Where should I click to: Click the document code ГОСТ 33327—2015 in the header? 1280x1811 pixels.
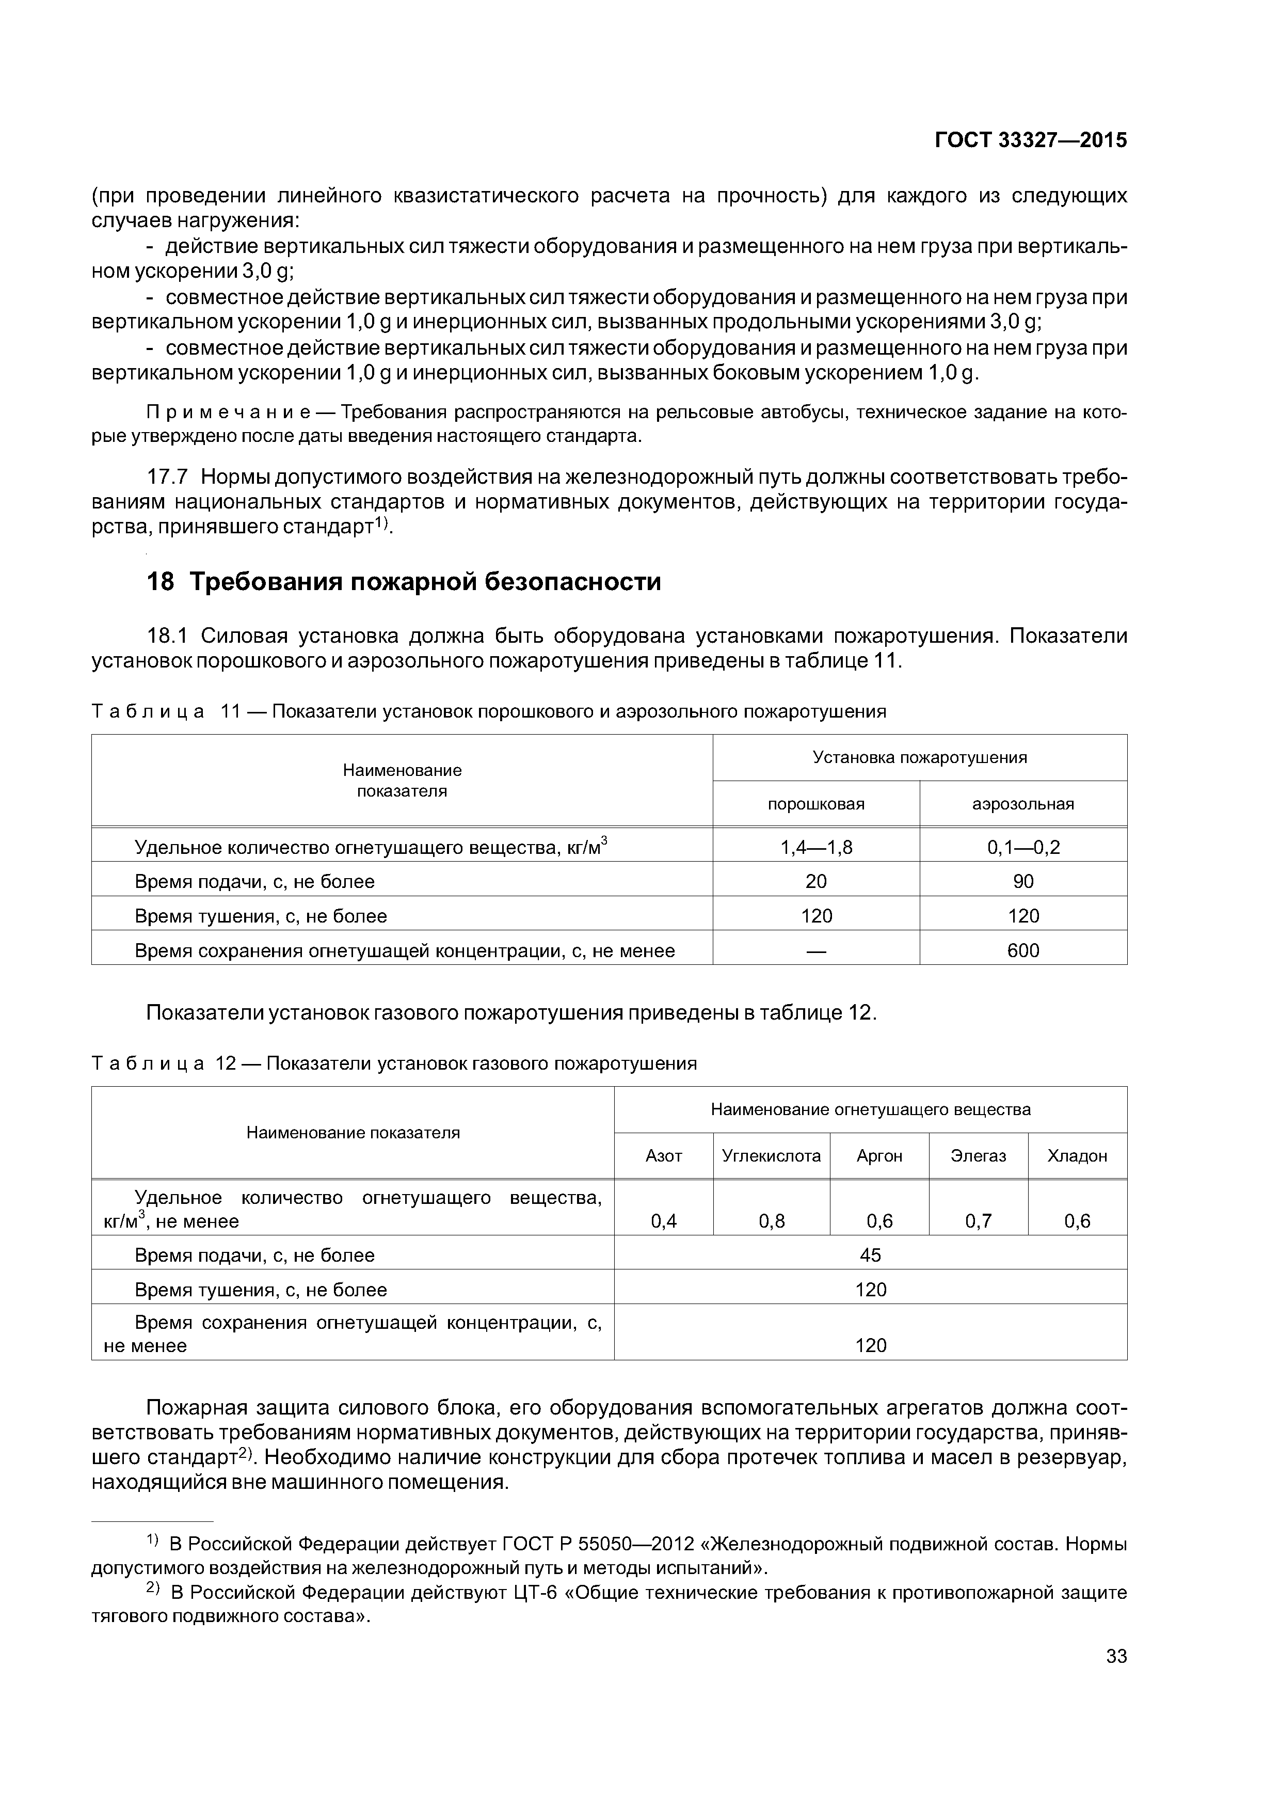[x=1030, y=140]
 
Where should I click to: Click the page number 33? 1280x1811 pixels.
[x=1116, y=1678]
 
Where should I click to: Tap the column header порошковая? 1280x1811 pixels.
[x=817, y=804]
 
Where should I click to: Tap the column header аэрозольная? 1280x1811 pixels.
[x=1023, y=804]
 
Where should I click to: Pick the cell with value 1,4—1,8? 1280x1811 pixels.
[x=817, y=847]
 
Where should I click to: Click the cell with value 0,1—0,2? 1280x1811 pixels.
[x=1023, y=847]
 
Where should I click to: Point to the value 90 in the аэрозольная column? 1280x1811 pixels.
[x=1023, y=881]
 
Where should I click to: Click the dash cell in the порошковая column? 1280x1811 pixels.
[x=817, y=951]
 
